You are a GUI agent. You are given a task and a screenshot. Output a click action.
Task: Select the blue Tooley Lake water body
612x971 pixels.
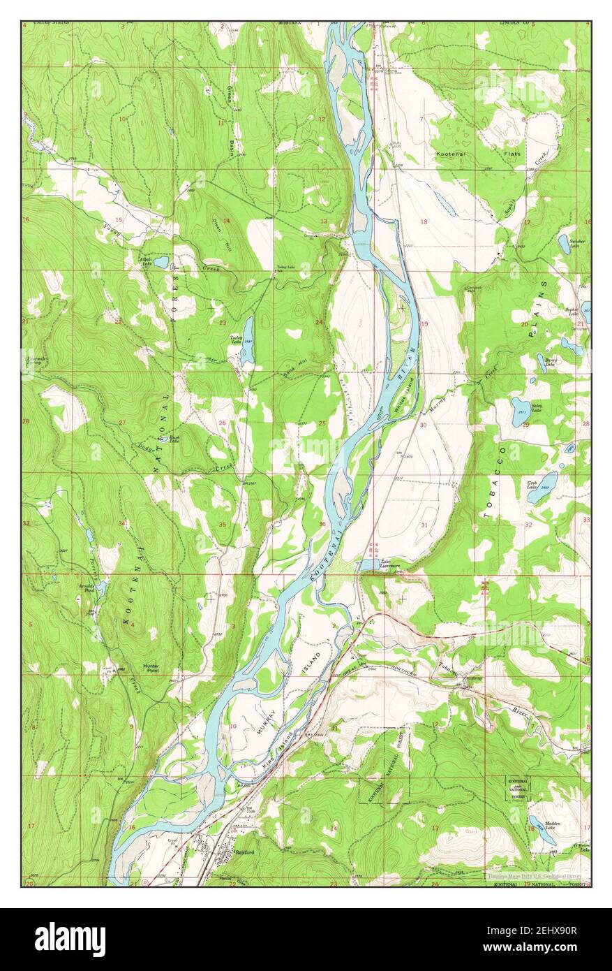(247, 342)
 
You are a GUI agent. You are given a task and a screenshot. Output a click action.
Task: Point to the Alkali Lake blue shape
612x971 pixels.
(161, 263)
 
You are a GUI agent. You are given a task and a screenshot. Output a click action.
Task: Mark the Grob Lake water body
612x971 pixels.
(542, 488)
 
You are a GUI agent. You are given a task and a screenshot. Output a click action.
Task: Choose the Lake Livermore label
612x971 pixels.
(389, 564)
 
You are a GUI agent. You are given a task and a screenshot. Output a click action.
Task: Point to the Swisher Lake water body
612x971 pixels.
(563, 244)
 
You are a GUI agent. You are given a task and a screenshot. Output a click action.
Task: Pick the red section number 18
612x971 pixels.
(423, 221)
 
